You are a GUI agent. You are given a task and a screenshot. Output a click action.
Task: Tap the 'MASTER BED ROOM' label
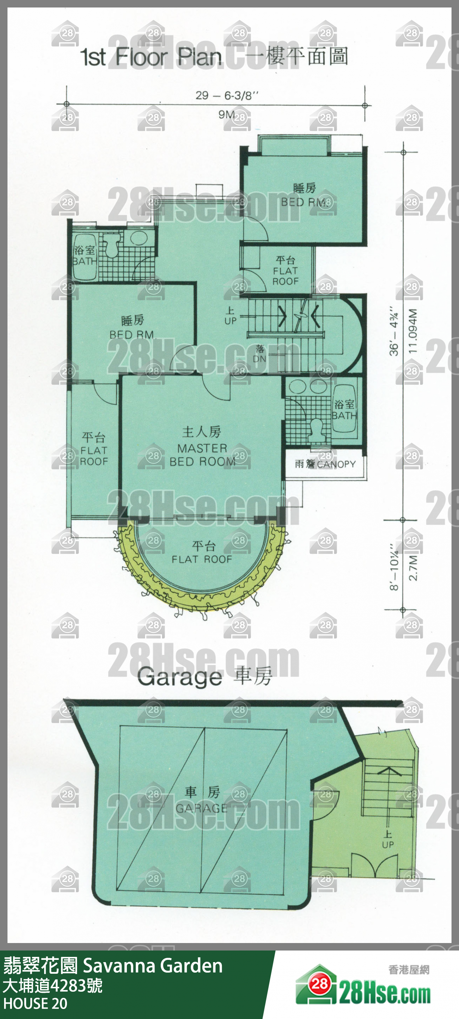point(202,455)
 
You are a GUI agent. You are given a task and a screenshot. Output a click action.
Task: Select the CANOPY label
point(336,464)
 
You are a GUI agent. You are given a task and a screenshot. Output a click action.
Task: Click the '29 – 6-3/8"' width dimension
point(227,95)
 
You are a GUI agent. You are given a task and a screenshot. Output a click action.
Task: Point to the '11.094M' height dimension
point(412,331)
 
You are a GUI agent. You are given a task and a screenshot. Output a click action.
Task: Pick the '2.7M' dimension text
point(412,567)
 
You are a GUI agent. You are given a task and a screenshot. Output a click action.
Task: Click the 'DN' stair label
point(259,359)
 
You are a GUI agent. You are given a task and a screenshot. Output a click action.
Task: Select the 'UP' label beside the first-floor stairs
point(230,321)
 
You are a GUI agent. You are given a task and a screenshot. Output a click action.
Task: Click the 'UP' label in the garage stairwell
point(388,844)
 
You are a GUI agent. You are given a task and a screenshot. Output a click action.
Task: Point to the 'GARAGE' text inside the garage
point(202,808)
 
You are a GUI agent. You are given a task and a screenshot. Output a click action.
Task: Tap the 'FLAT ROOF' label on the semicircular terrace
point(202,559)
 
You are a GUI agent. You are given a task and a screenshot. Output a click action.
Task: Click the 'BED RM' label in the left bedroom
point(131,335)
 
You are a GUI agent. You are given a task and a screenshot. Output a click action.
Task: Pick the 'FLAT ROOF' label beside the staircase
point(285,276)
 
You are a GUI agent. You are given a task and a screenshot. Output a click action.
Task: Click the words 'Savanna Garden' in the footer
point(153,965)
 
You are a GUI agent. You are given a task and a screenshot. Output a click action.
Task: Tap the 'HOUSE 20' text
point(35,1004)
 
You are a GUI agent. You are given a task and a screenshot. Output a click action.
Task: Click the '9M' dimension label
point(227,114)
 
